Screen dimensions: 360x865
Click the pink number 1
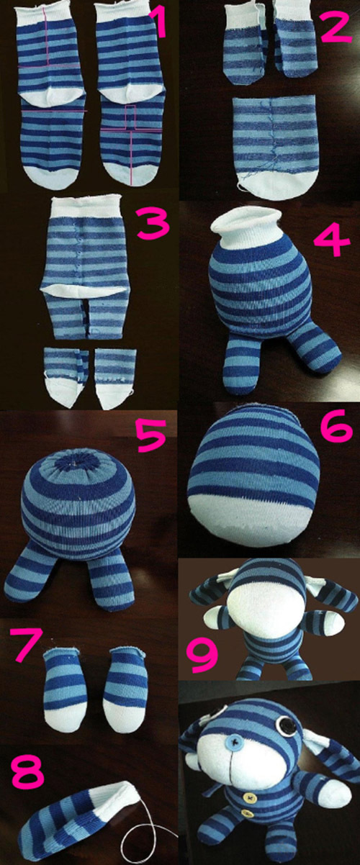tap(158, 24)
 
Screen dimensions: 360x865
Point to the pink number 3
tap(153, 224)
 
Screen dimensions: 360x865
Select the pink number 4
tap(332, 240)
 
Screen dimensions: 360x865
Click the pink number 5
tap(151, 435)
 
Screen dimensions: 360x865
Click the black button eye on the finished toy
tap(287, 723)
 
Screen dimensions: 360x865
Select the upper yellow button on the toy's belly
tap(250, 784)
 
